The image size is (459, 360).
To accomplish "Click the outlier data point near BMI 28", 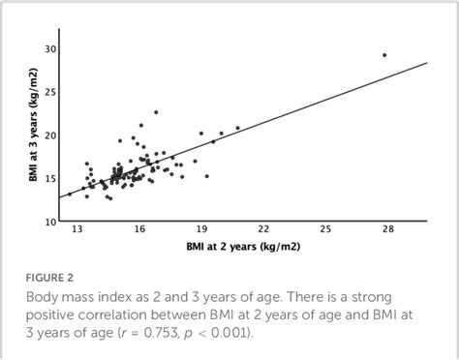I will pyautogui.click(x=384, y=55).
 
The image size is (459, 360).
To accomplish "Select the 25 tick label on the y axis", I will pyautogui.click(x=48, y=92).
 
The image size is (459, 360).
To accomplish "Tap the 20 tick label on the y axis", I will pyautogui.click(x=48, y=135).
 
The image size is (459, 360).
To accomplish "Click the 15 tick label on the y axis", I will pyautogui.click(x=48, y=178).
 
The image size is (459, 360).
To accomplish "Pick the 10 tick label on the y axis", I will pyautogui.click(x=48, y=221).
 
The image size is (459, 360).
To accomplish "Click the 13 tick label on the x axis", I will pyautogui.click(x=77, y=230).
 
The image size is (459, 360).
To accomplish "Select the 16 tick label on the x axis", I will pyautogui.click(x=139, y=230).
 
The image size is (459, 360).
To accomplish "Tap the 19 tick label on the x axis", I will pyautogui.click(x=201, y=230).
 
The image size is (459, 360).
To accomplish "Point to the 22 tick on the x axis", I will pyautogui.click(x=263, y=230).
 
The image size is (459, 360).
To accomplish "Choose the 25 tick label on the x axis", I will pyautogui.click(x=325, y=230).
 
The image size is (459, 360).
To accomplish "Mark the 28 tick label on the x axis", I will pyautogui.click(x=387, y=230).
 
